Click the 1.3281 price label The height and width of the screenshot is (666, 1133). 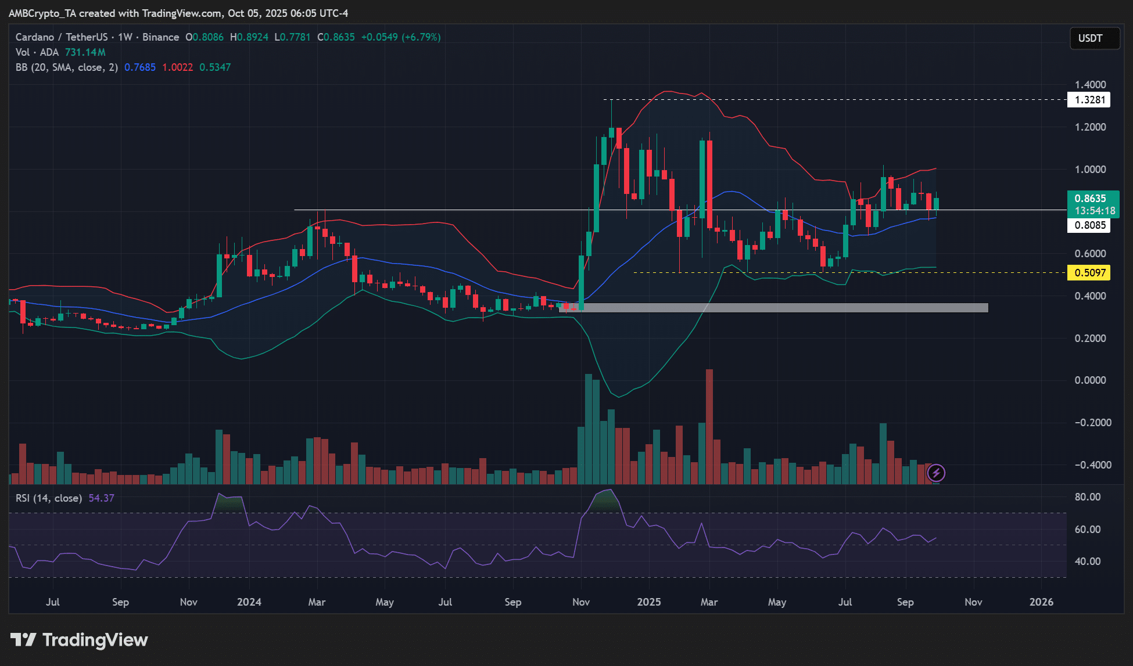click(1089, 100)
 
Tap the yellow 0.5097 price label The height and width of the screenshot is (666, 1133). click(1089, 273)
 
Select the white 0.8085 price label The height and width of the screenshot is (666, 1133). click(1089, 225)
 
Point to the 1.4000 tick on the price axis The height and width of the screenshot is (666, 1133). click(1090, 85)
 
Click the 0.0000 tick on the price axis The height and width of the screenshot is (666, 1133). click(1090, 380)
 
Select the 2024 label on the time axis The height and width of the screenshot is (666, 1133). click(249, 602)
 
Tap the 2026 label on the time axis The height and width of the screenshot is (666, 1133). click(1041, 602)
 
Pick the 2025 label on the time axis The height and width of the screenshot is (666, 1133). click(648, 602)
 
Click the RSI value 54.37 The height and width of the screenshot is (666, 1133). click(101, 498)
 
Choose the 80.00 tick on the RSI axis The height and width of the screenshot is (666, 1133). click(1088, 497)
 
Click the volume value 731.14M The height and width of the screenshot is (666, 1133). click(85, 52)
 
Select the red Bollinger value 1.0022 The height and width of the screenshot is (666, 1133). click(177, 67)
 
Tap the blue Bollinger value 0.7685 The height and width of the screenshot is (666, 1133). click(140, 67)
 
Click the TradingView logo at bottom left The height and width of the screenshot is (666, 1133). click(79, 640)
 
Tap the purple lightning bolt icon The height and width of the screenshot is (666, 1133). click(936, 473)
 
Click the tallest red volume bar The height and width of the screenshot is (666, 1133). click(709, 426)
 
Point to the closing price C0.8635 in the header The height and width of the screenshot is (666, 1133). click(336, 37)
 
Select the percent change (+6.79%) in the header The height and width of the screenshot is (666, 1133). click(421, 37)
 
